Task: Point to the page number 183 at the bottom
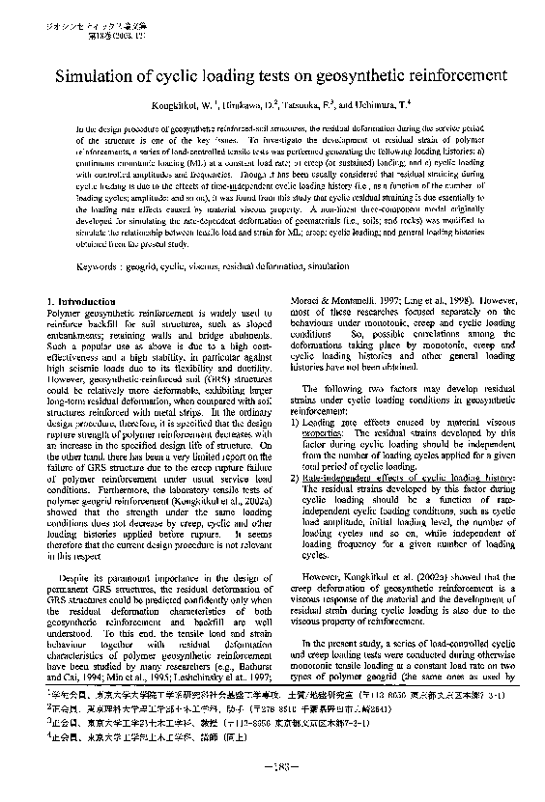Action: pos(272,767)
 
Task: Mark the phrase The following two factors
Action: pos(348,386)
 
